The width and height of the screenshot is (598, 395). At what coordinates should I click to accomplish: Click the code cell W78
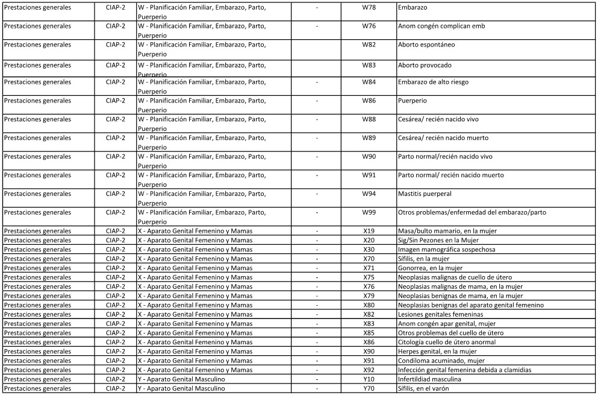pos(369,7)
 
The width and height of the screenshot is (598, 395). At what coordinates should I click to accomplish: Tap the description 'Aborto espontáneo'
pos(426,45)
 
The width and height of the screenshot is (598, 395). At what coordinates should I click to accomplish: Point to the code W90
pos(369,156)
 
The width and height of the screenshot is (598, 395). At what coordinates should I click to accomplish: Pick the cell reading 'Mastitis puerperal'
pos(425,194)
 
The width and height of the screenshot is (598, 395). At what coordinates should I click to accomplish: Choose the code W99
pos(369,212)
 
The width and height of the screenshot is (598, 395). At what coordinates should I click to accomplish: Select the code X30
pos(369,250)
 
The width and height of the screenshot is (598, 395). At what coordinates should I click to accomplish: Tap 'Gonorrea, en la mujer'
pos(430,268)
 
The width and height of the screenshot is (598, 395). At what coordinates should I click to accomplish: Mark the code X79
pos(369,295)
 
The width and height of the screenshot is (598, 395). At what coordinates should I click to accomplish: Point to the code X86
pos(369,342)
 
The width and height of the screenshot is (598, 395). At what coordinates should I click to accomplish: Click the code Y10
pos(369,379)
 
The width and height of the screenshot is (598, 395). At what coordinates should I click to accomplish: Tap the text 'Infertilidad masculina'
pos(429,379)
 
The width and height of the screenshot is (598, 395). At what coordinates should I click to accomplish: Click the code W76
pos(369,26)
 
